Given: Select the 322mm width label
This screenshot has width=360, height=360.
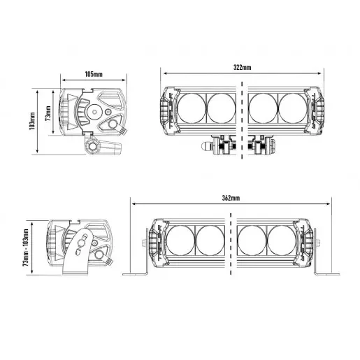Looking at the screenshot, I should (242, 68).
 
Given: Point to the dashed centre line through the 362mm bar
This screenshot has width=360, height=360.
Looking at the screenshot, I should (231, 245).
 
